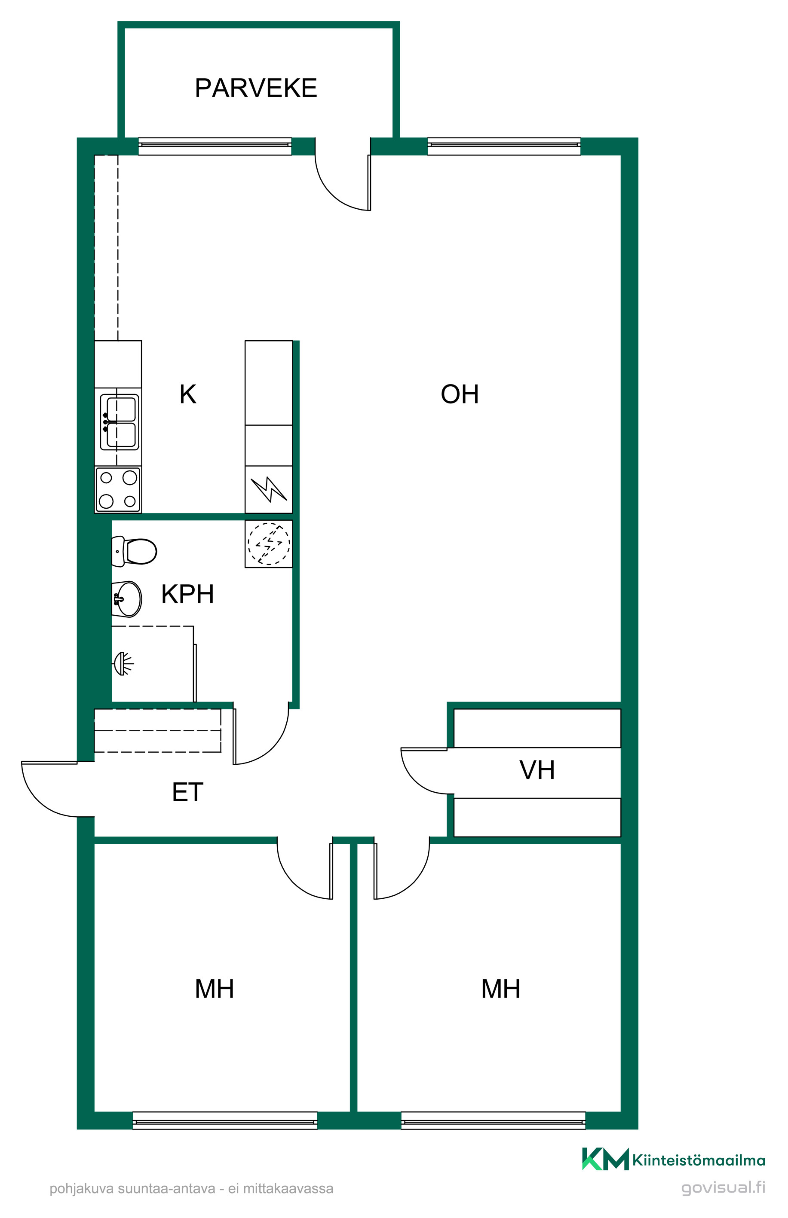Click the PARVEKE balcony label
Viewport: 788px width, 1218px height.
(x=256, y=88)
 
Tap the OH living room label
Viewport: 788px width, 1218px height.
(x=460, y=394)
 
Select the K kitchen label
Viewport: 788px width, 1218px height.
(x=188, y=394)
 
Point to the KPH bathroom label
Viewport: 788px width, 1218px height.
(x=187, y=594)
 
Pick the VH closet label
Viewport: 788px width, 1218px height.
(x=537, y=770)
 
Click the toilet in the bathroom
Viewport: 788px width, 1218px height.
(x=134, y=551)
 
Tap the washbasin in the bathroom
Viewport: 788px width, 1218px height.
(x=127, y=599)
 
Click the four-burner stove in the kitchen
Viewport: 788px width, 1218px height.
(x=118, y=489)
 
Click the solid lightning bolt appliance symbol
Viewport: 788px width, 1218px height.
(x=269, y=489)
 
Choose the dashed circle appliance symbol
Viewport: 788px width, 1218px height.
(x=269, y=543)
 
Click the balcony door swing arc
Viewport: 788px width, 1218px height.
(x=331, y=194)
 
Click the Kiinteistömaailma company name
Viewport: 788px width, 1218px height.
(x=699, y=1160)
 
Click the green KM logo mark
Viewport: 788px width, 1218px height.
(x=605, y=1159)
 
